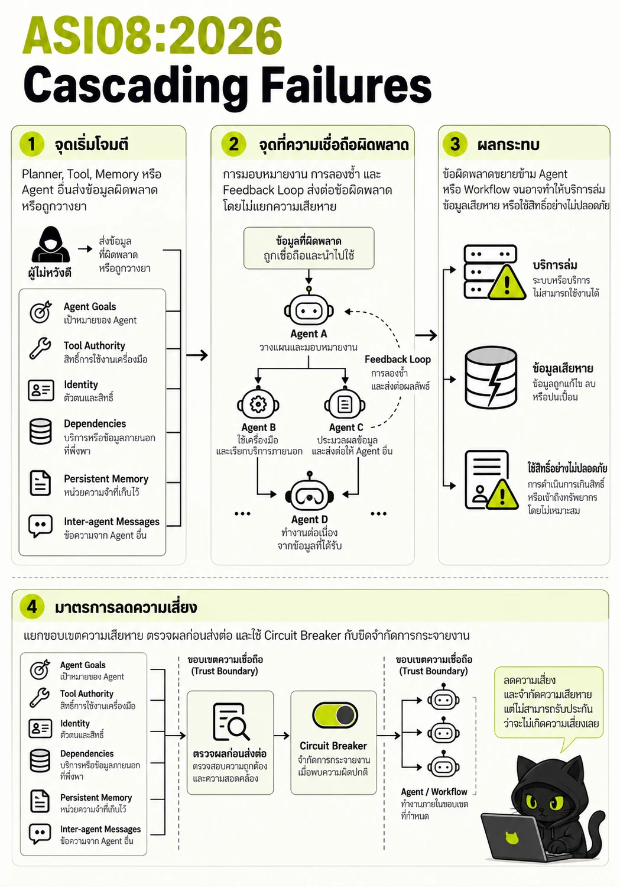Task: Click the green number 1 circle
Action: (x=32, y=144)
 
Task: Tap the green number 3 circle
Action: (x=455, y=144)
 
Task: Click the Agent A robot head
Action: (x=309, y=309)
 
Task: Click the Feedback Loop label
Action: (x=398, y=359)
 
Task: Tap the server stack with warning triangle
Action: (x=494, y=272)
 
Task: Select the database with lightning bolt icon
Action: (x=491, y=377)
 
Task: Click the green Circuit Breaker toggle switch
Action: (x=335, y=716)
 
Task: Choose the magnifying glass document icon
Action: (x=231, y=721)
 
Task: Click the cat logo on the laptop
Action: (x=512, y=837)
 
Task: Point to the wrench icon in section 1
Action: (x=40, y=348)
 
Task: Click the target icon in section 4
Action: (x=40, y=669)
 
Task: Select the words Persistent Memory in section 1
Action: (x=106, y=479)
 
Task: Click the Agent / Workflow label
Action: (x=434, y=792)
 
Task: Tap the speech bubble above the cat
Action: (x=549, y=703)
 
